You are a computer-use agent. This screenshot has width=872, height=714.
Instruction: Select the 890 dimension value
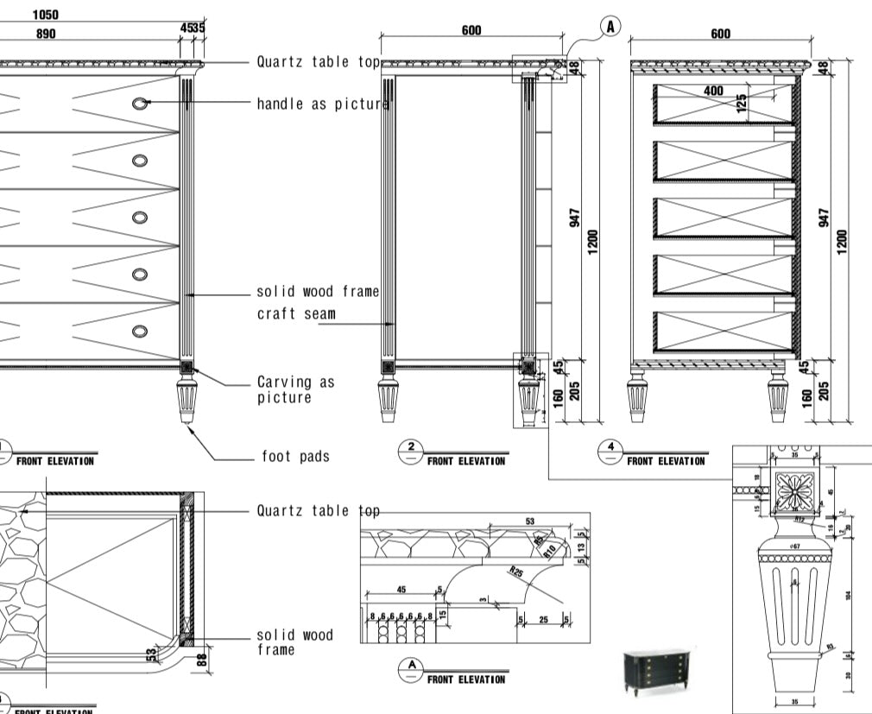pos(46,34)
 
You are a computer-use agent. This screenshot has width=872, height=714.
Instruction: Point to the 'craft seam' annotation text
pos(296,313)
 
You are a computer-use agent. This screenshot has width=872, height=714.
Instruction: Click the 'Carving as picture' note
pos(295,389)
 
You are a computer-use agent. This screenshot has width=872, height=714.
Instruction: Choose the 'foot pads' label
pos(295,456)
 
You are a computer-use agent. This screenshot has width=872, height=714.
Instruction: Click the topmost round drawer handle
pos(140,104)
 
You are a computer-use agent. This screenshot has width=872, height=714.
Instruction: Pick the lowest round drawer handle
pos(140,331)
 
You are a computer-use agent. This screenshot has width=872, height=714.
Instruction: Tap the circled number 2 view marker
pos(412,448)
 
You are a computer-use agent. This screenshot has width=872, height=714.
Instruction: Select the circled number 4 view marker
pos(611,448)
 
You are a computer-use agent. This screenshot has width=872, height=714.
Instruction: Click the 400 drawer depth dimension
pos(714,91)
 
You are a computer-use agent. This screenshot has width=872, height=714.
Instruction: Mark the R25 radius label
pos(516,572)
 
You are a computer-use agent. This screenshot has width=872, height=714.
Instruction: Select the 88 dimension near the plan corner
pos(202,660)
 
